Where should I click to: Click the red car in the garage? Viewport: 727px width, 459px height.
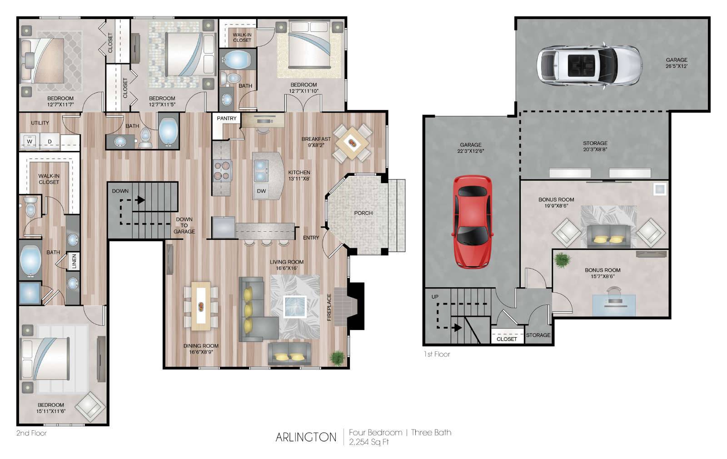(x=473, y=222)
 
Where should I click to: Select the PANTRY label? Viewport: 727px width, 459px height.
(x=227, y=118)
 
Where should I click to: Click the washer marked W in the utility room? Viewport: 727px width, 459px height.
(x=30, y=141)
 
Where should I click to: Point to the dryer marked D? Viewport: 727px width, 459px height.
(x=50, y=141)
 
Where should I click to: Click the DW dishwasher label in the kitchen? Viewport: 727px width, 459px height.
(x=261, y=191)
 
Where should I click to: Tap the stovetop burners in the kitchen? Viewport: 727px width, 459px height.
(x=222, y=171)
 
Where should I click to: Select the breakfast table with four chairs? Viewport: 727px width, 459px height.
(x=352, y=143)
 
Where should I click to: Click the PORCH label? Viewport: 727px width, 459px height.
(x=363, y=213)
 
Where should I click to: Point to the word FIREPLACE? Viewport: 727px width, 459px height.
(x=329, y=307)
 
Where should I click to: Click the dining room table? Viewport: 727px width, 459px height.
(x=201, y=306)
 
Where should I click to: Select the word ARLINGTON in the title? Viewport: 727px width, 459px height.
(x=306, y=437)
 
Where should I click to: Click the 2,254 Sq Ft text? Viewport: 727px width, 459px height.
(x=368, y=442)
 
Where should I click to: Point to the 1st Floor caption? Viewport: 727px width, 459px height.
(x=437, y=354)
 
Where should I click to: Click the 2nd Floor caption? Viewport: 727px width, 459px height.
(x=31, y=433)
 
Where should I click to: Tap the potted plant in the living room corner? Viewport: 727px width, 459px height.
(x=337, y=358)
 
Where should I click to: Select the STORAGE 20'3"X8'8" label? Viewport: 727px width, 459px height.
(x=595, y=146)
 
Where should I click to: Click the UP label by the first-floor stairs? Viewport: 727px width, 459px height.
(x=435, y=297)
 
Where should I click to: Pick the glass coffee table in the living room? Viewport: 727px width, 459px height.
(x=295, y=306)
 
